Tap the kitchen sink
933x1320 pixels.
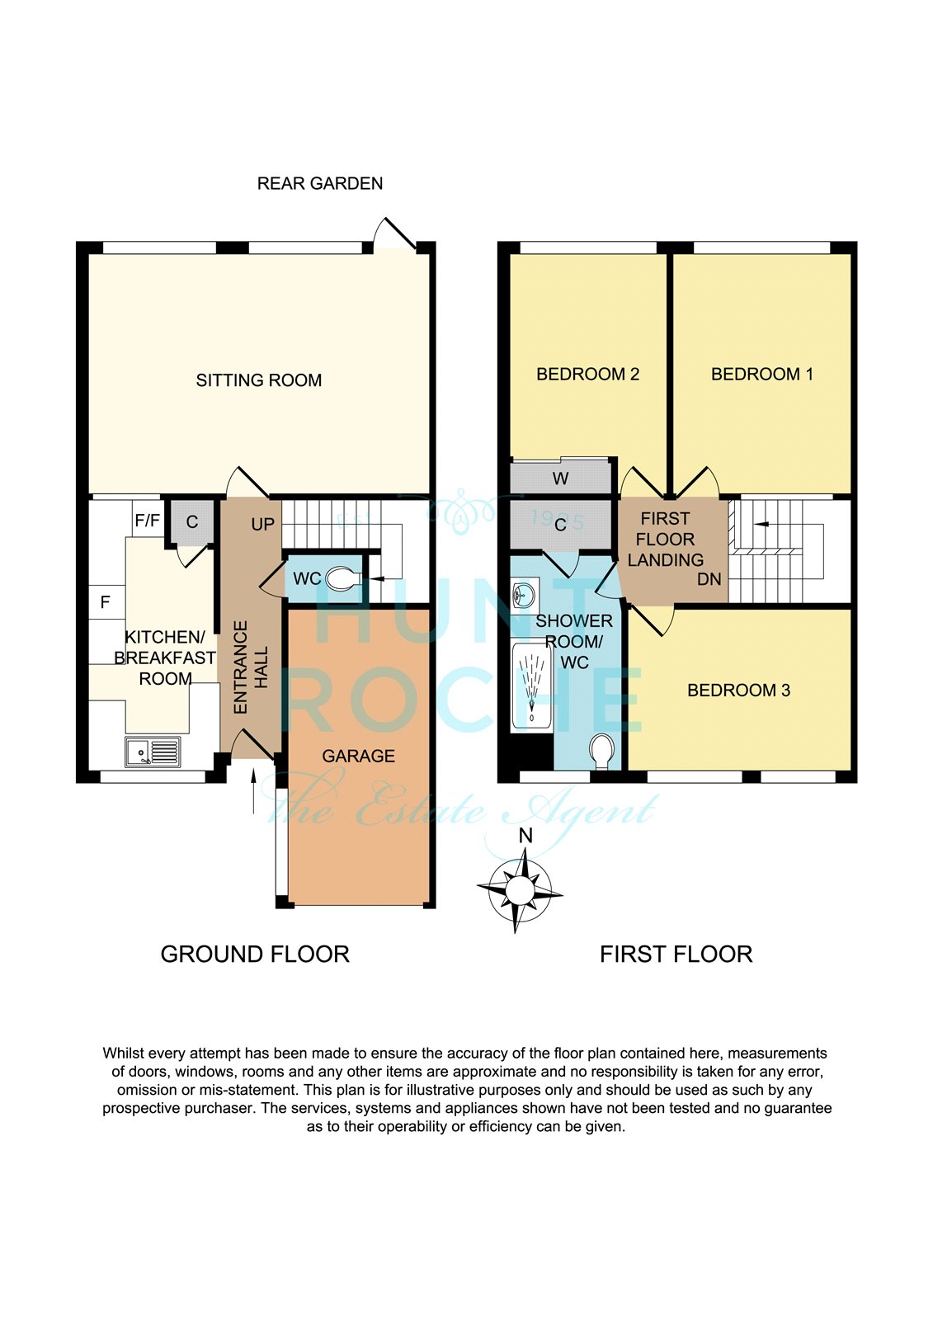coord(153,752)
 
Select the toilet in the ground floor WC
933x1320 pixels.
coord(344,578)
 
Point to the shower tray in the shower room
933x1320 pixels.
coord(532,686)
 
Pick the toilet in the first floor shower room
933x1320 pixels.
coord(602,752)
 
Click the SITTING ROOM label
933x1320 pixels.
coord(259,380)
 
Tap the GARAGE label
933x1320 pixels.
coord(358,756)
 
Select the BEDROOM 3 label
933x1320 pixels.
coord(738,690)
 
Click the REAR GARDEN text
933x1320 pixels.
coord(320,184)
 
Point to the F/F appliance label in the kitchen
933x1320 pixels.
coord(148,521)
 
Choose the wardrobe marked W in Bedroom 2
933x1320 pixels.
coord(560,478)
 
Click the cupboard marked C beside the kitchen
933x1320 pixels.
coord(192,522)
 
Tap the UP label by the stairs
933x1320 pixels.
coord(263,524)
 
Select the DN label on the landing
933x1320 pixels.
coord(709,579)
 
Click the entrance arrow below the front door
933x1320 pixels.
coord(254,791)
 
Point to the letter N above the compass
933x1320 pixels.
coord(525,836)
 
